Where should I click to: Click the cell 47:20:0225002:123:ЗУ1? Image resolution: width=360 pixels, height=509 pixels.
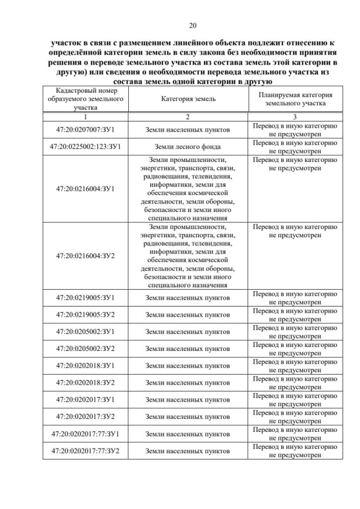(86, 147)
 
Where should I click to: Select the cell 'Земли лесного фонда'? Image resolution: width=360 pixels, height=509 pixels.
(188, 147)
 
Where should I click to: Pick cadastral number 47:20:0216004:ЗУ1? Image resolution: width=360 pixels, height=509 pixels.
(86, 188)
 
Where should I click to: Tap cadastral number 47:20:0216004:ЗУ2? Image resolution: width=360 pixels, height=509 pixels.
(86, 255)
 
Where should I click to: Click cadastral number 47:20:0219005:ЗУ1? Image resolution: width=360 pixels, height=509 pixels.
(86, 298)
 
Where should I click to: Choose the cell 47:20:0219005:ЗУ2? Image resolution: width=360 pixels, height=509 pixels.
(86, 315)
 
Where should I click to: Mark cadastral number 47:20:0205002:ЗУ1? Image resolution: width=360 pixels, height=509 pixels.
(86, 332)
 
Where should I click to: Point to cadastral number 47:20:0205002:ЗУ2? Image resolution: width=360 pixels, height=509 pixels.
(86, 349)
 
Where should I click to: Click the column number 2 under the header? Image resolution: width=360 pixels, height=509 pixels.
(188, 116)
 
